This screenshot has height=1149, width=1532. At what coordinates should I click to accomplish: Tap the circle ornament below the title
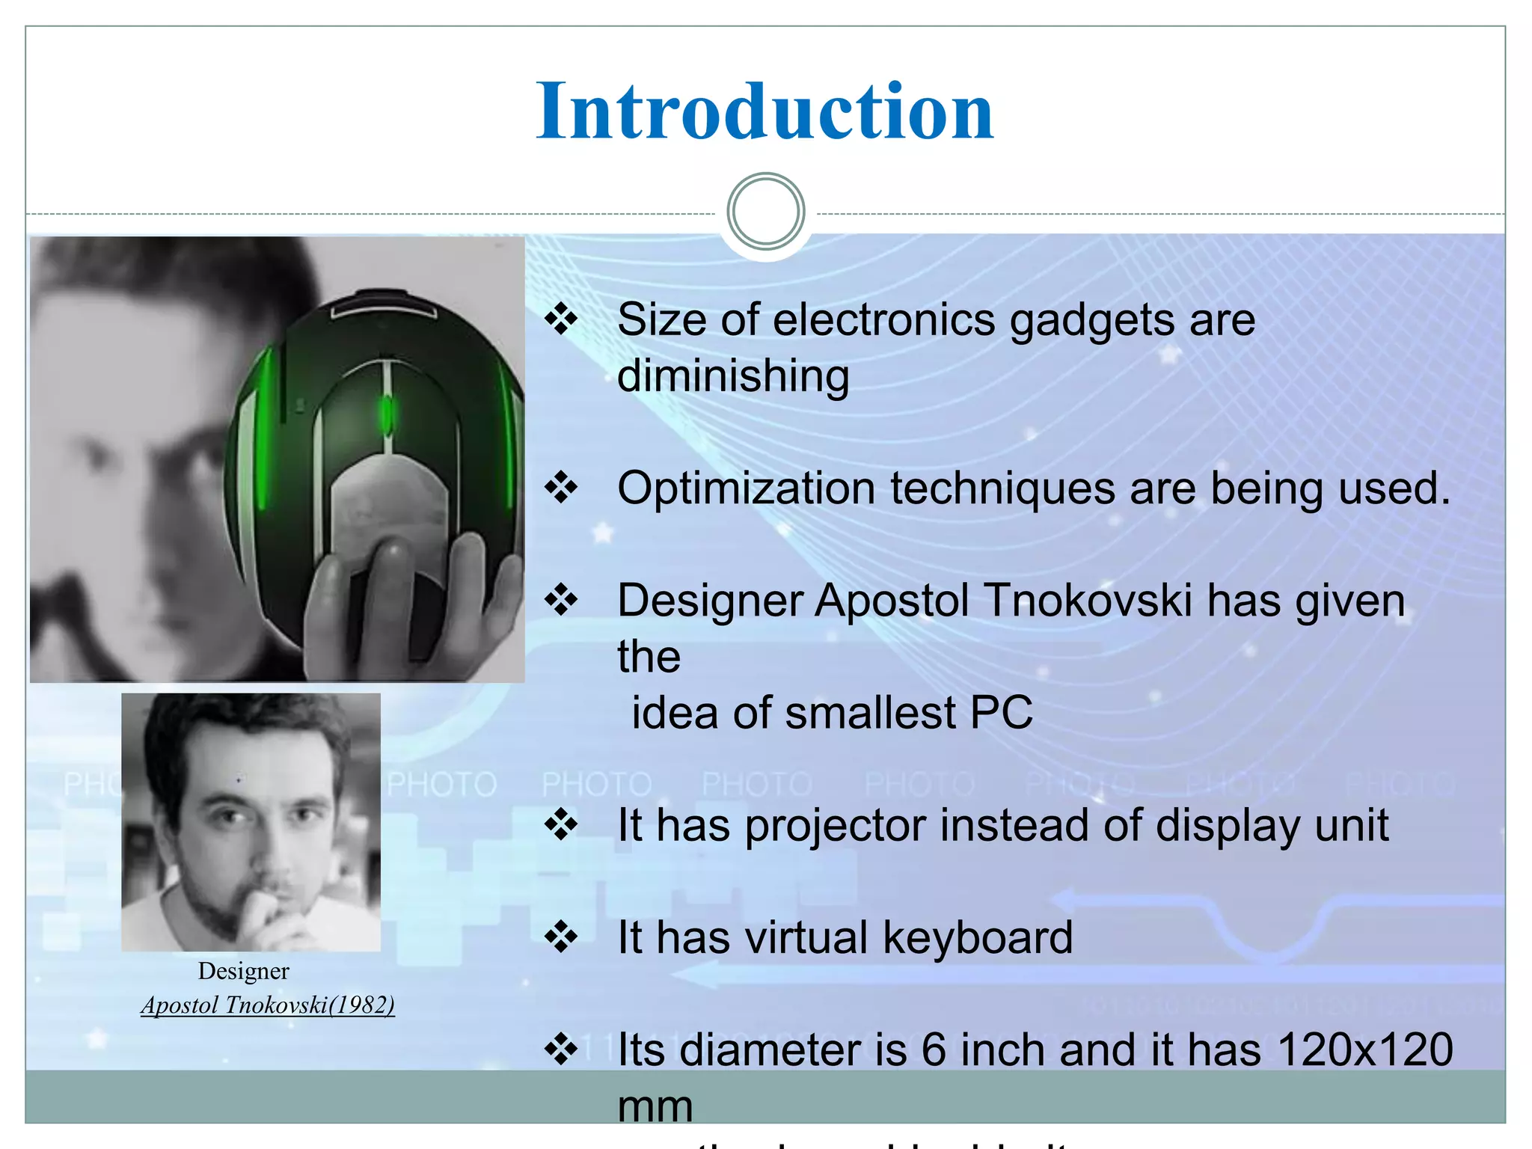click(x=765, y=212)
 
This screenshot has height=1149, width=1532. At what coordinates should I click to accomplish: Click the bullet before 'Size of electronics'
click(x=561, y=319)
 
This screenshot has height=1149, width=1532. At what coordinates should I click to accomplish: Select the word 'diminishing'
click(x=733, y=376)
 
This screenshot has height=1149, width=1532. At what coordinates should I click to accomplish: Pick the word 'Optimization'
click(x=746, y=488)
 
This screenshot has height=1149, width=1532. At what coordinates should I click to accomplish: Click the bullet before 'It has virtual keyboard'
click(x=561, y=937)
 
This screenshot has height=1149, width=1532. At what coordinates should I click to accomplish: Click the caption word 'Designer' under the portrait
click(x=243, y=971)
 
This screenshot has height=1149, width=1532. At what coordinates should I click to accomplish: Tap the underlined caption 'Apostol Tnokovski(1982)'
click(x=268, y=1005)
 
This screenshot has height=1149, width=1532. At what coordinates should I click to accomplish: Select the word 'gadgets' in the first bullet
click(x=1072, y=320)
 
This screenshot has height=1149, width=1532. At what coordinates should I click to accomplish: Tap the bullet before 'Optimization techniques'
click(x=561, y=488)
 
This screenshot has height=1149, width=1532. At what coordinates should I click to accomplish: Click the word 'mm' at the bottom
click(x=655, y=1106)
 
